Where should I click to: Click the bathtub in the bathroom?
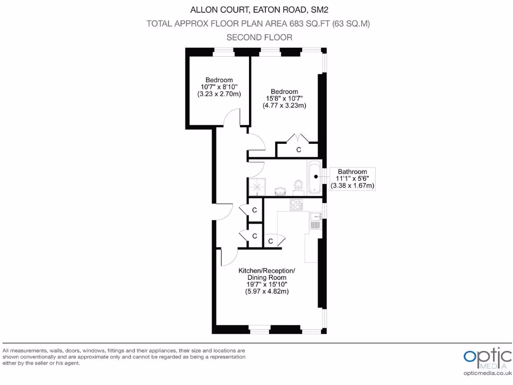(314, 177)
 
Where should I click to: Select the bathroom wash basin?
(280, 190)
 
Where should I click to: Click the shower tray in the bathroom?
(258, 187)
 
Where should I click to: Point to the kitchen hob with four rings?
(296, 205)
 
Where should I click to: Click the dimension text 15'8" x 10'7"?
(284, 99)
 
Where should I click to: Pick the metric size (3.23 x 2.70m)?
(219, 94)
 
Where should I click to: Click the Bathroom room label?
(352, 171)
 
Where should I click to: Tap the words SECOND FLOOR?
(259, 38)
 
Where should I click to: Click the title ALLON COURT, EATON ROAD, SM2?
(259, 10)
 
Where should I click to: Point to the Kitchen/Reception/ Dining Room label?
(266, 274)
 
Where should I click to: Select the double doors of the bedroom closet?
(299, 138)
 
